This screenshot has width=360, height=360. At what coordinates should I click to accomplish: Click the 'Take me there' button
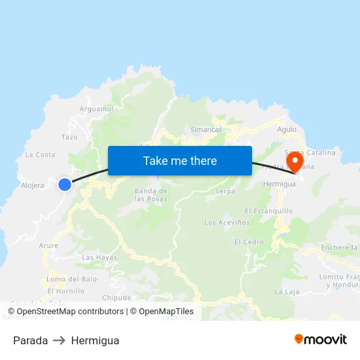pyautogui.click(x=180, y=160)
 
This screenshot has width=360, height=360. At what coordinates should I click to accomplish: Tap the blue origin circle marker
pyautogui.click(x=65, y=185)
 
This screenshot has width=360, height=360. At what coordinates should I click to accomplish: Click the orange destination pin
pyautogui.click(x=295, y=162)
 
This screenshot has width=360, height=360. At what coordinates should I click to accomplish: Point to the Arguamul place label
pyautogui.click(x=96, y=109)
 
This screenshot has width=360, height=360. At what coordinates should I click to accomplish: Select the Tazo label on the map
pyautogui.click(x=69, y=137)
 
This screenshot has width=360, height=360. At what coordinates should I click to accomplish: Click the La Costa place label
pyautogui.click(x=40, y=154)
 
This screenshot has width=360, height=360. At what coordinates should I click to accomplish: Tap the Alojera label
pyautogui.click(x=33, y=185)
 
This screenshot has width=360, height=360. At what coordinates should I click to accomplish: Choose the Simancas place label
pyautogui.click(x=206, y=130)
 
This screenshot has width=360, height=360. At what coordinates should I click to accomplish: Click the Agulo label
pyautogui.click(x=287, y=130)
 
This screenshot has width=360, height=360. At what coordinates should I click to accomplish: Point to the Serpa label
pyautogui.click(x=225, y=192)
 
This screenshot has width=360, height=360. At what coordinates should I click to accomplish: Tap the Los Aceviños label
pyautogui.click(x=227, y=223)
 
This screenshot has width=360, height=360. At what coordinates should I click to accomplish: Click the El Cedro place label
pyautogui.click(x=249, y=242)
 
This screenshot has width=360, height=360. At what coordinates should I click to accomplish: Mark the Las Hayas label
pyautogui.click(x=99, y=257)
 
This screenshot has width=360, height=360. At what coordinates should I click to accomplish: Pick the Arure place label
pyautogui.click(x=48, y=245)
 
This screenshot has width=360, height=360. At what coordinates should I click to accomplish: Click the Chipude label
pyautogui.click(x=117, y=297)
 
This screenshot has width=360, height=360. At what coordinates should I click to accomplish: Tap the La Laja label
pyautogui.click(x=287, y=291)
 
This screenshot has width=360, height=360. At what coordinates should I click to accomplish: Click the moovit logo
pyautogui.click(x=321, y=340)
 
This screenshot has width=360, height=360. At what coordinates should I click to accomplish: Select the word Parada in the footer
pyautogui.click(x=30, y=340)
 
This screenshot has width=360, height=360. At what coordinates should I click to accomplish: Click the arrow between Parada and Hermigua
pyautogui.click(x=60, y=340)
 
